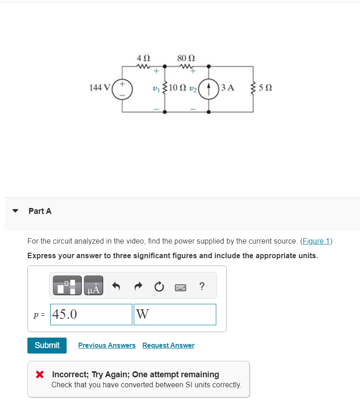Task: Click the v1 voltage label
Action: (156, 88)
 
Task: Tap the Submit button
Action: (47, 345)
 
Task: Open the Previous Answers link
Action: (107, 345)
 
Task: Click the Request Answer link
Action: (168, 345)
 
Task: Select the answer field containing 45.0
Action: (91, 315)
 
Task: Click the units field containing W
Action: (175, 315)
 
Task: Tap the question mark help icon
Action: (202, 286)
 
